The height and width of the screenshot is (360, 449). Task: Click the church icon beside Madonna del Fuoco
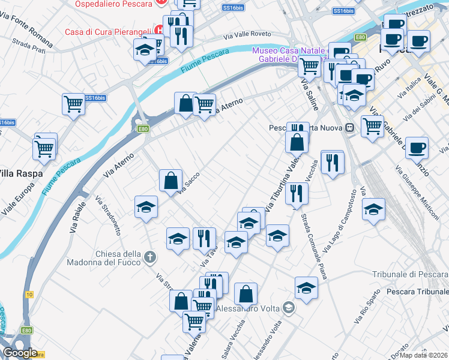[x=150, y=259]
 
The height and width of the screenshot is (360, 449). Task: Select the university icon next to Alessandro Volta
[x=289, y=308]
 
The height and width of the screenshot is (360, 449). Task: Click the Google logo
[x=20, y=353]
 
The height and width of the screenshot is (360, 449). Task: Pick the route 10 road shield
[x=29, y=295]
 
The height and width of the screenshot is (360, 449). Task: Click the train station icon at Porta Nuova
[x=349, y=128]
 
